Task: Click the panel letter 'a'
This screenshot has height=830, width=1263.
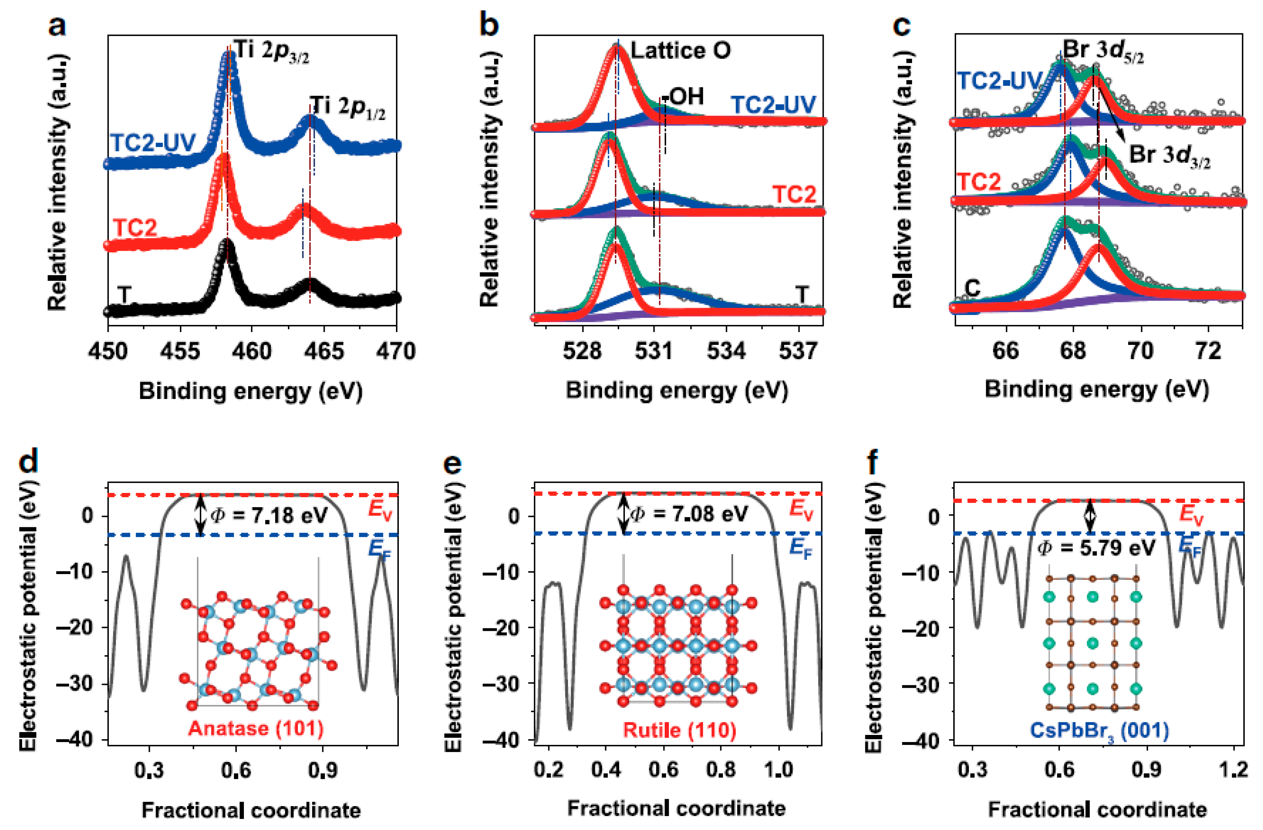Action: point(57,25)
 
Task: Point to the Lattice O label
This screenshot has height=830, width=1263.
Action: point(680,50)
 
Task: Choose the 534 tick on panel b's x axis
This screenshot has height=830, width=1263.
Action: point(726,351)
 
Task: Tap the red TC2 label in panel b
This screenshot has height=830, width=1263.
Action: point(793,195)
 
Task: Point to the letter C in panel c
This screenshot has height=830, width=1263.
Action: point(972,288)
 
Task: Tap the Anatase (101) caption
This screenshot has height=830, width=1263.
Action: point(256,728)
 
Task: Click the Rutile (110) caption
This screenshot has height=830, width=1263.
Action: point(679,730)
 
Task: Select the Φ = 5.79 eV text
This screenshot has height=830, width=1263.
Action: point(1096,547)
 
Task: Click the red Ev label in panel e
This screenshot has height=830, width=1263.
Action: point(801,509)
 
